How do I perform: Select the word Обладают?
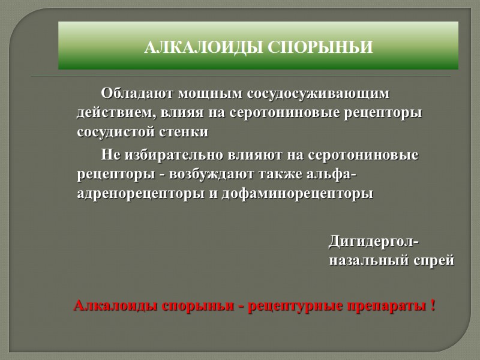point(133,94)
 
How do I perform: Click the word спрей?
point(431,261)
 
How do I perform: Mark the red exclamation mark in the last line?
point(433,305)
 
